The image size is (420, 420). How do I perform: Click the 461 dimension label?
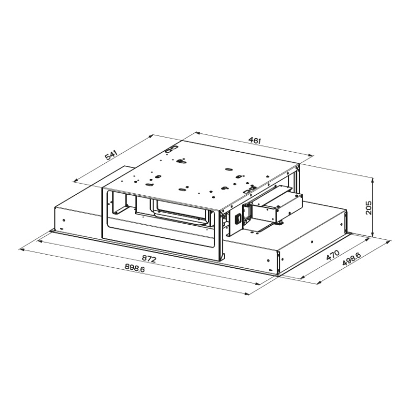click(x=254, y=140)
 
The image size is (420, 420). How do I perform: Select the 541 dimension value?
click(x=111, y=156)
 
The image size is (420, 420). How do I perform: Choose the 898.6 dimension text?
click(x=135, y=267)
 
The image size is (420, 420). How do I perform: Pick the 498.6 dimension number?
click(x=350, y=261)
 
